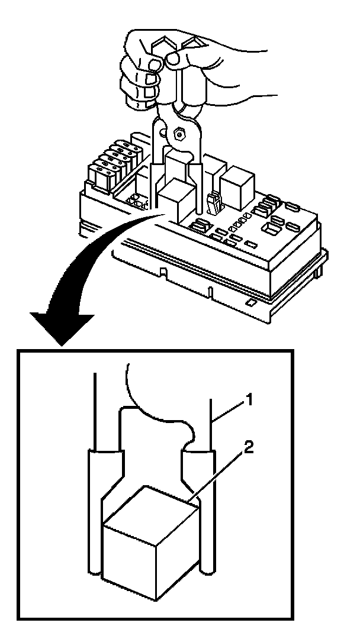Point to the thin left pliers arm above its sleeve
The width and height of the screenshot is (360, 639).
pos(95,408)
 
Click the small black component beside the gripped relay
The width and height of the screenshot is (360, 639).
pos(215,201)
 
